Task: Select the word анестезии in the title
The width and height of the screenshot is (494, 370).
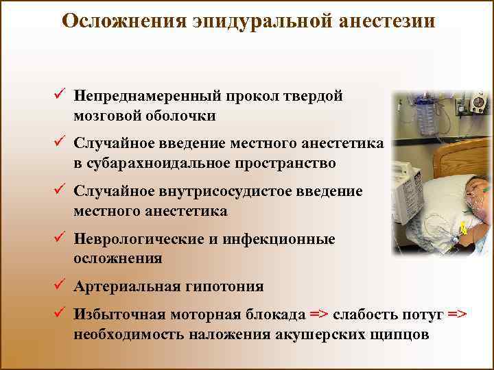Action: coord(387,21)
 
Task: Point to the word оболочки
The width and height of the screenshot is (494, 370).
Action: coord(180,116)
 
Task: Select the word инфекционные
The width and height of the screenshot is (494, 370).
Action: coord(279,239)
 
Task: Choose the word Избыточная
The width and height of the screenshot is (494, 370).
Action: coord(119,314)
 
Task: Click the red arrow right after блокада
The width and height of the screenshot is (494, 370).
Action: coord(319,314)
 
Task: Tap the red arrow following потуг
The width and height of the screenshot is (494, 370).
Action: coord(457,314)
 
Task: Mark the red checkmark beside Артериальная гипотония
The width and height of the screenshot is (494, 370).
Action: coord(60,284)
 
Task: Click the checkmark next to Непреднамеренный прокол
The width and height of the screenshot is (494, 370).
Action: coord(60,93)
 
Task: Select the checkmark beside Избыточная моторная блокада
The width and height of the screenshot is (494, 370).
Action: coord(60,312)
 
